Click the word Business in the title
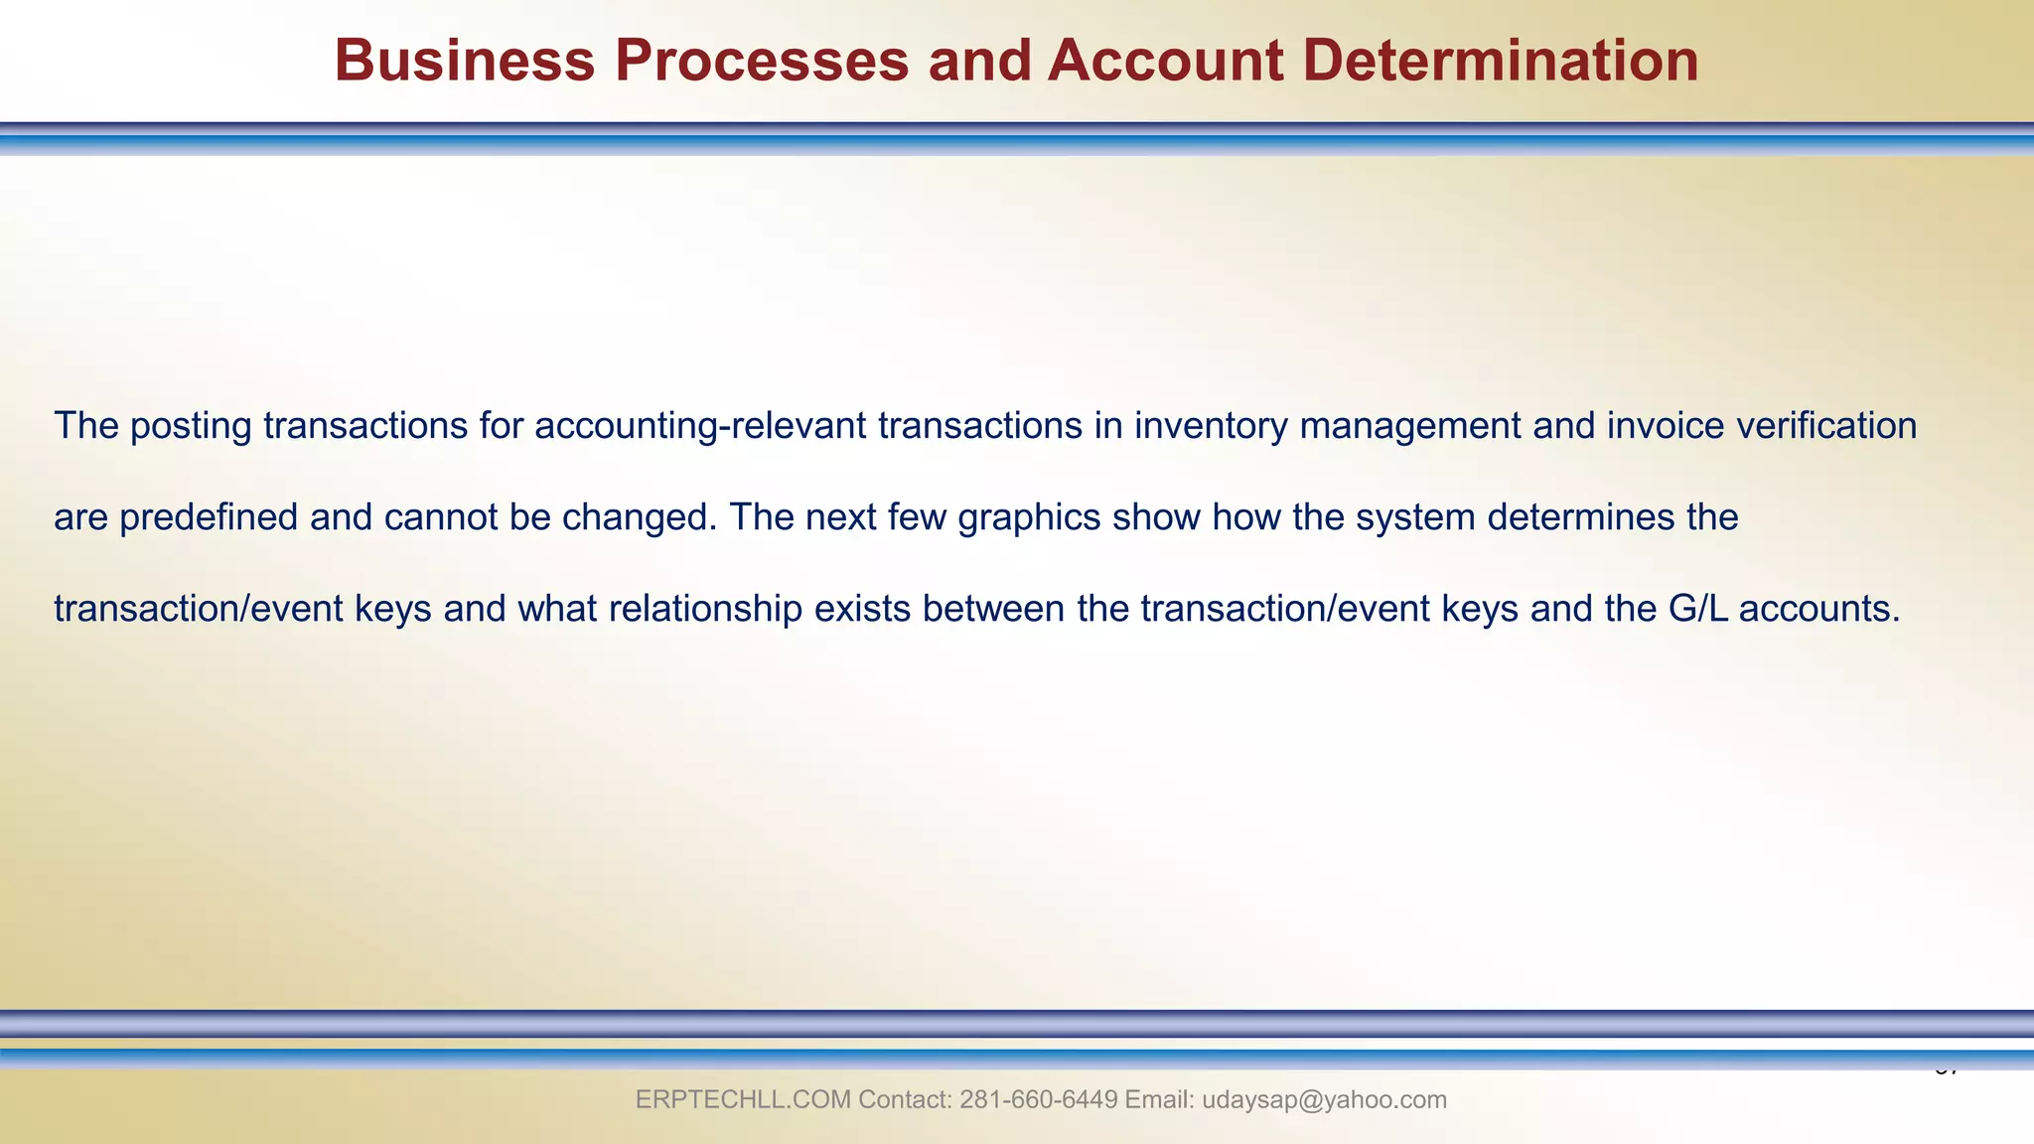tap(464, 61)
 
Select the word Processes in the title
tap(761, 61)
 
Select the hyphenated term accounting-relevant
tap(700, 426)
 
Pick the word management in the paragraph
tap(1410, 426)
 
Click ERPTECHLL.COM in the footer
tap(742, 1100)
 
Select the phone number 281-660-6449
tap(1039, 1100)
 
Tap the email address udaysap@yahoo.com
tap(1324, 1100)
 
